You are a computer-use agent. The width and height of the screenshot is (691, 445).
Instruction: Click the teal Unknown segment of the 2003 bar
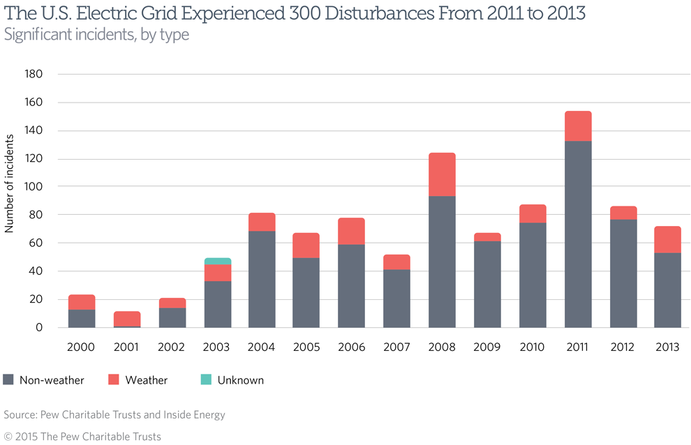217,262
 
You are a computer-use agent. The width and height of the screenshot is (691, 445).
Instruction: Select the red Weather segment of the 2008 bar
442,174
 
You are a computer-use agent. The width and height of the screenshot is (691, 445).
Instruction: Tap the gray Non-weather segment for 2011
577,234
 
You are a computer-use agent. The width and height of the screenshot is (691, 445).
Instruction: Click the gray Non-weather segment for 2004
262,279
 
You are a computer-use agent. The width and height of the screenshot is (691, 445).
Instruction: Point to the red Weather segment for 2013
667,239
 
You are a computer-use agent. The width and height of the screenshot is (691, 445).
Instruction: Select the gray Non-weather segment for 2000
82,318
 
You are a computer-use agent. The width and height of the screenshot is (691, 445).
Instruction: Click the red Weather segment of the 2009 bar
487,237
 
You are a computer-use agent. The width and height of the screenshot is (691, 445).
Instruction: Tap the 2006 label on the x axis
352,347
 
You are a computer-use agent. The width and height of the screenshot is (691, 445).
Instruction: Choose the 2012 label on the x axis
623,347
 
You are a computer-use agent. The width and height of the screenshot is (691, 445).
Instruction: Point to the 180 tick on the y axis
34,74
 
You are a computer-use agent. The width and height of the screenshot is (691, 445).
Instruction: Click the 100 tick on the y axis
34,187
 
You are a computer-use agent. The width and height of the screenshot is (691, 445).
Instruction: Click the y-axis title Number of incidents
10,186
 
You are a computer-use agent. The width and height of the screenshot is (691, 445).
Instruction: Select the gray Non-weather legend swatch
8,380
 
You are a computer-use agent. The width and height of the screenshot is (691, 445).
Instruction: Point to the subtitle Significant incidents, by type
96,34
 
